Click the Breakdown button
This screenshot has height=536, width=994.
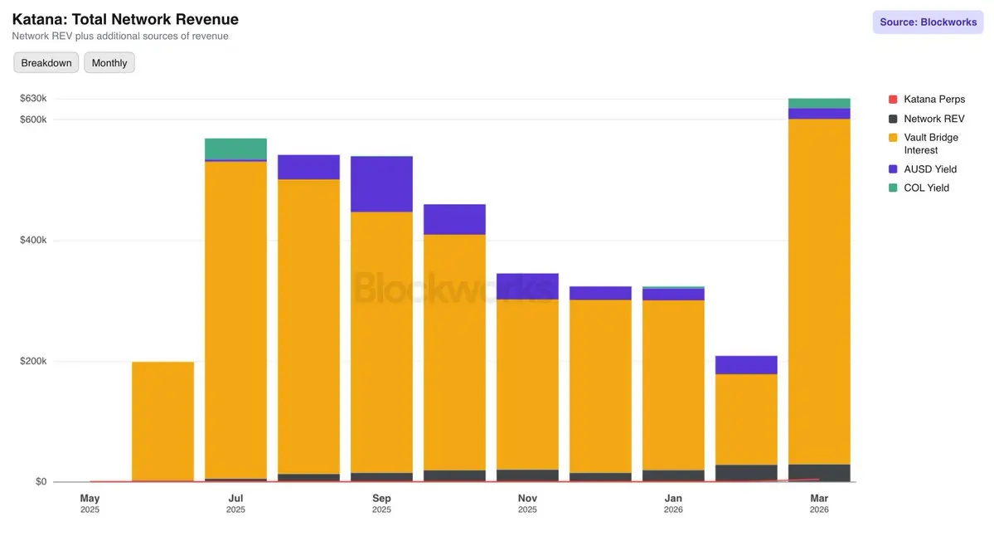[46, 63]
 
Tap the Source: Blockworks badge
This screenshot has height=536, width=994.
[928, 22]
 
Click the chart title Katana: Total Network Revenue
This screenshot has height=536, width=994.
[125, 19]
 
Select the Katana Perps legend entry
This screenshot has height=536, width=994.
[933, 100]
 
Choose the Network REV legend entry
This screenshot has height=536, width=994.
[933, 119]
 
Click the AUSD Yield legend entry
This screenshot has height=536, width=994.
[929, 169]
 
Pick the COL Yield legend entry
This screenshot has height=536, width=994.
[926, 188]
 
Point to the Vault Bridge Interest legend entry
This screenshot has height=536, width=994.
[930, 144]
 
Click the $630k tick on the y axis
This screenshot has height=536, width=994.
[33, 99]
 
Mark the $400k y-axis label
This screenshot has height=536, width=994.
[33, 241]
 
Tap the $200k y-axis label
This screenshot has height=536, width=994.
[33, 362]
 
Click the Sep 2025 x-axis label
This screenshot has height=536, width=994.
[381, 503]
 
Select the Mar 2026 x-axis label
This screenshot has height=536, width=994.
[819, 503]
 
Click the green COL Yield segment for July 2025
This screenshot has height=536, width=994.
[235, 149]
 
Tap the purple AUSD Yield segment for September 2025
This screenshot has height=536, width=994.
[381, 183]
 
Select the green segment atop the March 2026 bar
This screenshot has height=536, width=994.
[819, 103]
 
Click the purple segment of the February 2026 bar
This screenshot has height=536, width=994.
[746, 365]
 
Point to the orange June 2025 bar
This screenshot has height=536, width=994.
[162, 421]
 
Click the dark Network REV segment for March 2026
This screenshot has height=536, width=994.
[819, 473]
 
